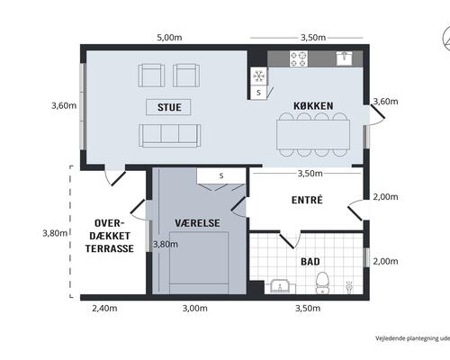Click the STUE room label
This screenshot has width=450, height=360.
click(x=169, y=107)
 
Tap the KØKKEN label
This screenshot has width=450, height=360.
click(x=313, y=105)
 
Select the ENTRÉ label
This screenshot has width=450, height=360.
click(x=307, y=200)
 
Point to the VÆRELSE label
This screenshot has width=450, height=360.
click(x=197, y=223)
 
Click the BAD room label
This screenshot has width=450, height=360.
click(x=310, y=262)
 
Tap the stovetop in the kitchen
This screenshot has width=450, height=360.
click(x=299, y=58)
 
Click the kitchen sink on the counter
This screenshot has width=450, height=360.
click(x=345, y=58)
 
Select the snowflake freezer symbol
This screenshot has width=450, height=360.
click(x=259, y=76)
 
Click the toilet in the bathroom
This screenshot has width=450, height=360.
click(x=322, y=283)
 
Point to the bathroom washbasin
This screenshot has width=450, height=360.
click(x=280, y=286)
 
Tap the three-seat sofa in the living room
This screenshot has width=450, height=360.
click(x=170, y=136)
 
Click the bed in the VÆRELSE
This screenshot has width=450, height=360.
click(x=199, y=263)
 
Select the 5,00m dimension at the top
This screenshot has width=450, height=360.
click(x=169, y=38)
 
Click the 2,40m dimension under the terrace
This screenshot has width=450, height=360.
click(x=104, y=308)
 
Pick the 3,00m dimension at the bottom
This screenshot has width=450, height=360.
click(x=195, y=308)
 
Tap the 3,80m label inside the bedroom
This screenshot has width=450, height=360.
click(x=166, y=245)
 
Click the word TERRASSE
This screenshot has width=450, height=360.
click(x=110, y=248)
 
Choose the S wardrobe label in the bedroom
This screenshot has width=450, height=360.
click(x=221, y=175)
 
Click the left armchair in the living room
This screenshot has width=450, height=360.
click(x=151, y=76)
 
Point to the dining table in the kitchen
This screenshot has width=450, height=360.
click(x=313, y=134)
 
